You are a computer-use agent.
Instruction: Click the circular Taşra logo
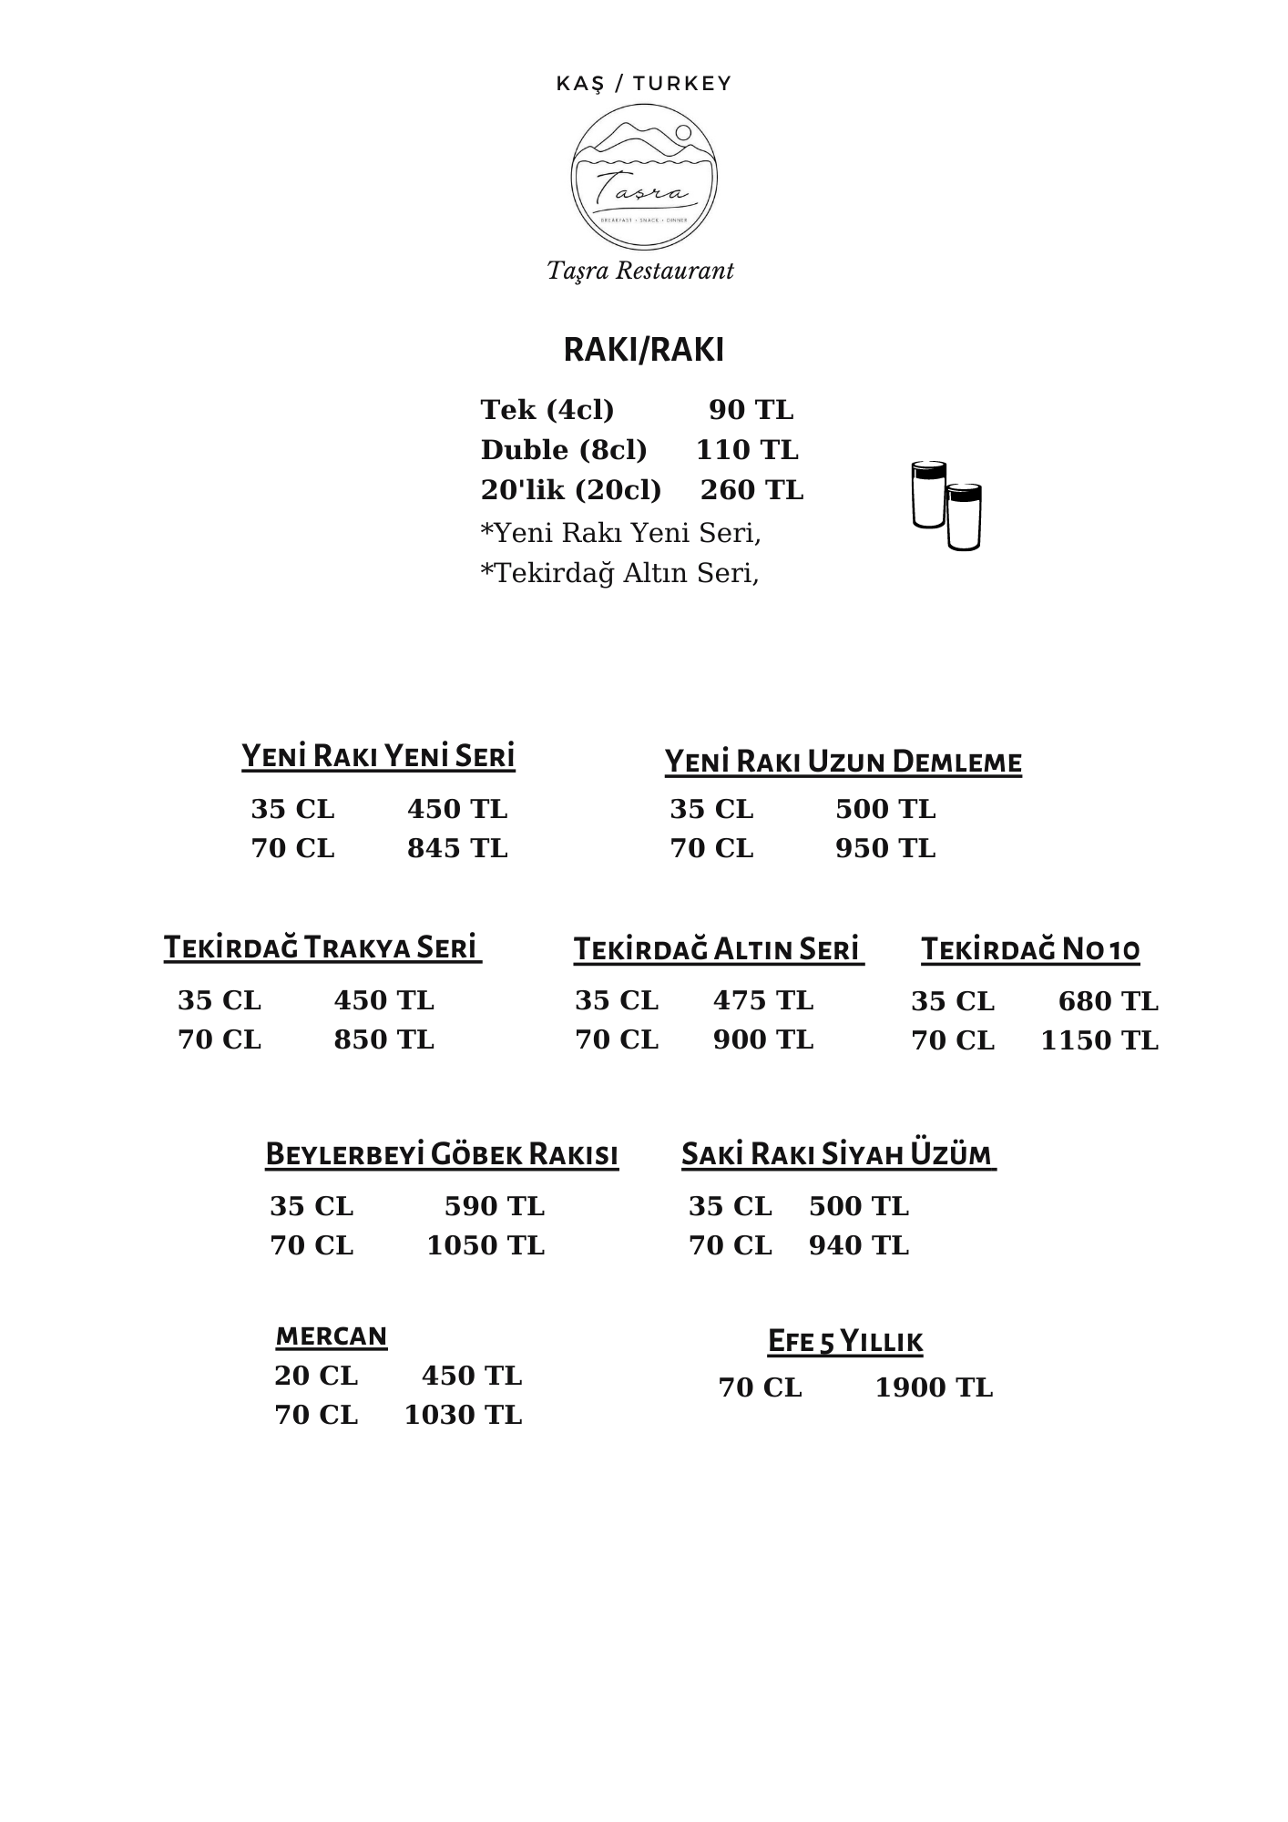[x=643, y=177]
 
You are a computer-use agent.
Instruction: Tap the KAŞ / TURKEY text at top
[x=643, y=84]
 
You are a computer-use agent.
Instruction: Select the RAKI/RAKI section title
[x=643, y=351]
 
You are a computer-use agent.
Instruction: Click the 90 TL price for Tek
[x=751, y=410]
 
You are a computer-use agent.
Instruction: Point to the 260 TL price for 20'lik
[x=751, y=490]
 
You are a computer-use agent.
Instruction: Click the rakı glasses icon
[x=946, y=506]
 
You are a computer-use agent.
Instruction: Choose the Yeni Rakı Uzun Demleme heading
[x=843, y=762]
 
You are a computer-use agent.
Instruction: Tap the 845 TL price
[x=457, y=848]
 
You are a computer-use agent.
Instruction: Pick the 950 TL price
[x=885, y=848]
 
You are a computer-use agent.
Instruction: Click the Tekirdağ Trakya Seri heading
[x=322, y=947]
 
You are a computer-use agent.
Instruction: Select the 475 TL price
[x=763, y=1000]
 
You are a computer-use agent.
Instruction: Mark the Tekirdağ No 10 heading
[x=1030, y=949]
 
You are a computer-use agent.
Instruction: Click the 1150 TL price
[x=1099, y=1040]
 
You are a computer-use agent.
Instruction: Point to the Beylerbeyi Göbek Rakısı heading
[x=442, y=1154]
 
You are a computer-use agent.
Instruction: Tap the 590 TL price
[x=495, y=1206]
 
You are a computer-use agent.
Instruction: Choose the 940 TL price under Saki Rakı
[x=859, y=1245]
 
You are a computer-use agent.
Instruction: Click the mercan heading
[x=332, y=1336]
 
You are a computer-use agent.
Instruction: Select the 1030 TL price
[x=463, y=1415]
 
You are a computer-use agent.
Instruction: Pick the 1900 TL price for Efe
[x=934, y=1387]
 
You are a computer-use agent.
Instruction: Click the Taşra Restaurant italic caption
[x=640, y=271]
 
